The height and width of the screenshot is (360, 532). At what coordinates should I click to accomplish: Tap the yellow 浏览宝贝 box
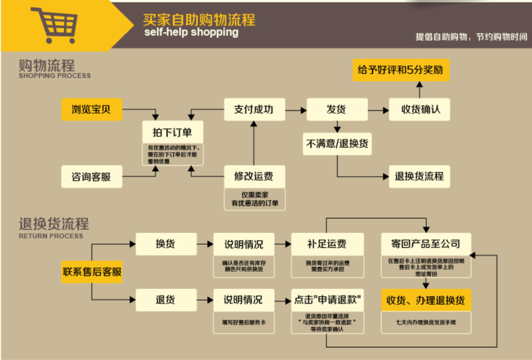tap(92, 109)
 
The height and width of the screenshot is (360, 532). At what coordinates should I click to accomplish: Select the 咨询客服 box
tap(92, 177)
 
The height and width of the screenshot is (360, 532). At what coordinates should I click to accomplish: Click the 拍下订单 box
tap(173, 132)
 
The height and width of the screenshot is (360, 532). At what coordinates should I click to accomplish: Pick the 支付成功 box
tap(254, 109)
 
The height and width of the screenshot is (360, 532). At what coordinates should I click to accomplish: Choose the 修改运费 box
tap(254, 177)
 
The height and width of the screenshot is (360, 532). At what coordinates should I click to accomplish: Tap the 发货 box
tap(337, 109)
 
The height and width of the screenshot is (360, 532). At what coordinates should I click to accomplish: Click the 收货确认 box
tap(419, 109)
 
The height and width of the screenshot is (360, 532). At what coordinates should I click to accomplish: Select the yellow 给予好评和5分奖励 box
tap(401, 70)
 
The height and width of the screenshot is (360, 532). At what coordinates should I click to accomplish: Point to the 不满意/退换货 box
tap(337, 144)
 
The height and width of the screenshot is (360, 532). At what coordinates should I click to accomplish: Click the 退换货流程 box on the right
tap(419, 177)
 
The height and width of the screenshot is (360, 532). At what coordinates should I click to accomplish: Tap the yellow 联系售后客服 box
tap(92, 272)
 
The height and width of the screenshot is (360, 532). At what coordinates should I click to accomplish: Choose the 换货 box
tap(166, 244)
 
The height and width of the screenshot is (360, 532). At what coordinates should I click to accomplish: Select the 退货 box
tap(166, 300)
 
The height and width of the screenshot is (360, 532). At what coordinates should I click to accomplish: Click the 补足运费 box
tap(327, 244)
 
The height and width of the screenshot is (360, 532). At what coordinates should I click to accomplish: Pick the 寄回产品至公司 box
tap(426, 244)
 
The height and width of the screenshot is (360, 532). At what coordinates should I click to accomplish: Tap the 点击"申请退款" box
tap(327, 300)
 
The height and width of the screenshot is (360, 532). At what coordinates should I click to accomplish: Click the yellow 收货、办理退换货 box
tap(426, 300)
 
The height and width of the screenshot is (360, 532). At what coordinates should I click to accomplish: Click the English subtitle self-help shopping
tap(191, 32)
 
